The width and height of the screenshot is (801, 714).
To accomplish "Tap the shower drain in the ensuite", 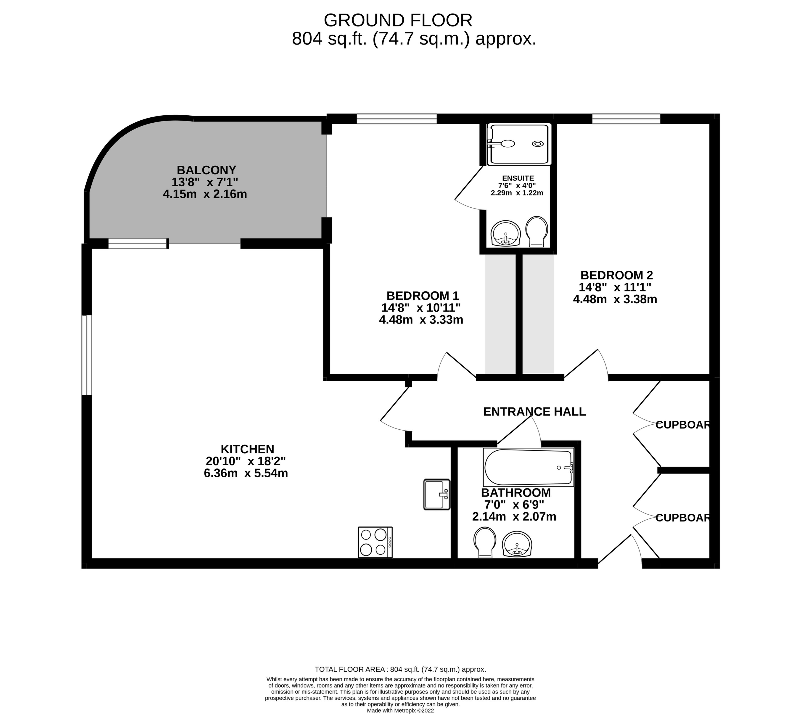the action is [538, 144].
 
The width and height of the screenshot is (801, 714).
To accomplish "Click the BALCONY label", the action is [206, 170].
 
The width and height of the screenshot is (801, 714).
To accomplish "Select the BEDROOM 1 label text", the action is [423, 295].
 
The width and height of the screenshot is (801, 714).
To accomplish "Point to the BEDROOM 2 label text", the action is [617, 275].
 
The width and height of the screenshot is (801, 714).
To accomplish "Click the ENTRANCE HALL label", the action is [534, 412].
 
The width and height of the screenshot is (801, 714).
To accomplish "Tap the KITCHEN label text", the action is [248, 449].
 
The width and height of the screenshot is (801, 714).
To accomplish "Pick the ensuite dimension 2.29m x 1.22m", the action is [517, 193].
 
